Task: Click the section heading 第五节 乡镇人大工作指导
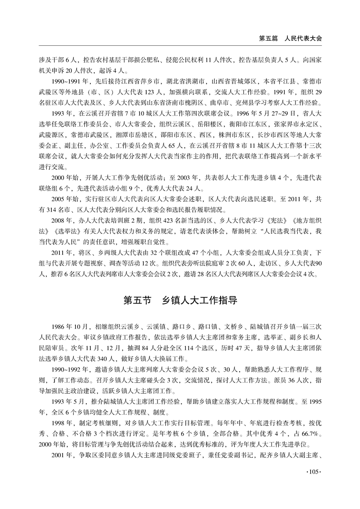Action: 180,301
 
